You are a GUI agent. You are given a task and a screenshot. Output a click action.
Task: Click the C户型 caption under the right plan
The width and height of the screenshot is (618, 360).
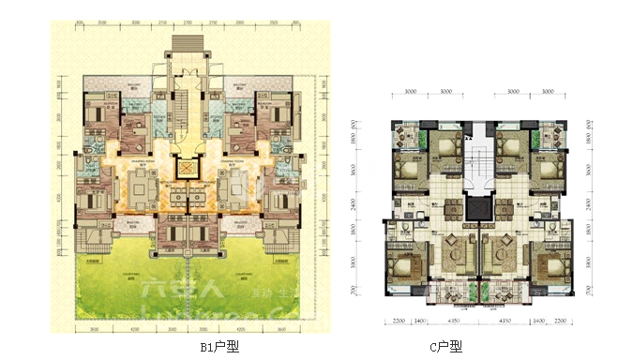pyautogui.click(x=446, y=346)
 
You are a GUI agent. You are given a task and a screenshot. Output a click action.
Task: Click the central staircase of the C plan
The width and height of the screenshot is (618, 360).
pyautogui.click(x=480, y=156)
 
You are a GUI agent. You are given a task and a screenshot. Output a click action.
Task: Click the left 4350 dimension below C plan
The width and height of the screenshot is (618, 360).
pyautogui.click(x=452, y=322)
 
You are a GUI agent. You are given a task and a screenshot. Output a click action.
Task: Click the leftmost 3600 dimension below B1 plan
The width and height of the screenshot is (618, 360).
pyautogui.click(x=95, y=330)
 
